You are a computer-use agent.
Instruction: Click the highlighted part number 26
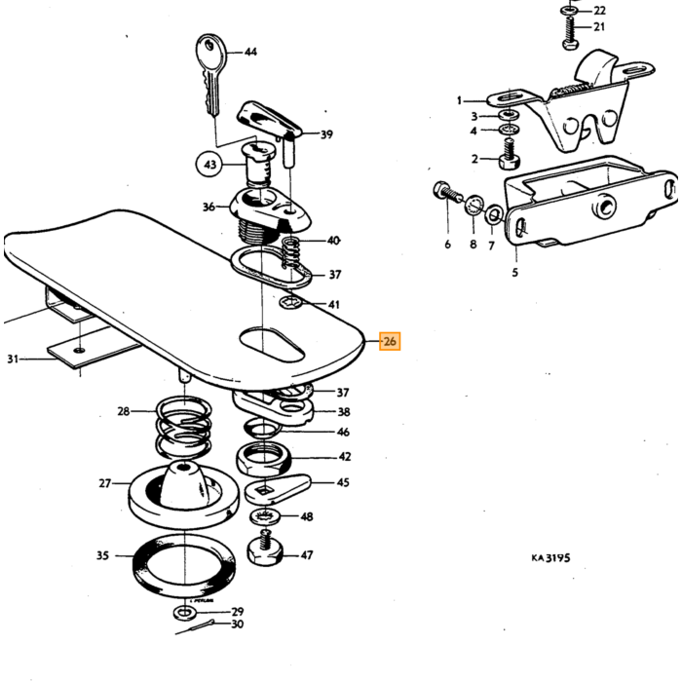coord(390,341)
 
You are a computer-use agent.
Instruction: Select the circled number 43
coord(210,165)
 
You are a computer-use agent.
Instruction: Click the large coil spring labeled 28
coord(184,427)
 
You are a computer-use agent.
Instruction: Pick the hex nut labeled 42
coord(264,459)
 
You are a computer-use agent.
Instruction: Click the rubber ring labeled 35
coord(183,567)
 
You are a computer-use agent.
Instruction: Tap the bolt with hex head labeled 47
coord(266,549)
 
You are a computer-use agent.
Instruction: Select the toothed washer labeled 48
coord(265,516)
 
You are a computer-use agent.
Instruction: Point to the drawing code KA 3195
coord(550,557)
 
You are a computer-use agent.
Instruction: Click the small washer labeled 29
coord(185,613)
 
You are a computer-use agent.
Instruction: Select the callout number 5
coord(515,273)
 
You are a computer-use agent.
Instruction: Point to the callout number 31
coord(13,359)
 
